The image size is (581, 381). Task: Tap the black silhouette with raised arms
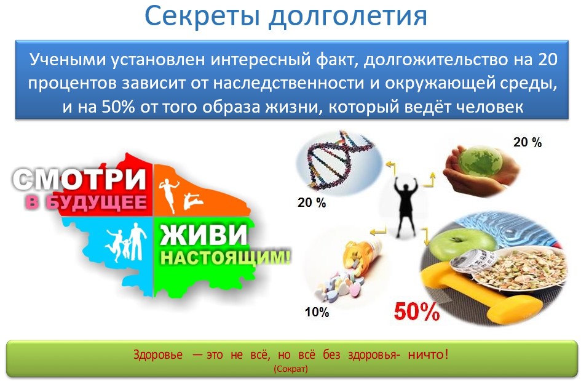pos(405,206)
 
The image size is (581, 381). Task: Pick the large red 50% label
pos(416,311)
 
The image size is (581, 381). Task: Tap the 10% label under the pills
pos(317,312)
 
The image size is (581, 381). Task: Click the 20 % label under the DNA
pos(312,203)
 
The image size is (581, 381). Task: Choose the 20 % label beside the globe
pos(528,142)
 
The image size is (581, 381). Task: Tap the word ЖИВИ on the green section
pos(203,234)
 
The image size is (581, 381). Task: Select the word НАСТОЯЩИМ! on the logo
pos(225,258)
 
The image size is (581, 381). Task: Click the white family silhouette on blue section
pos(127,243)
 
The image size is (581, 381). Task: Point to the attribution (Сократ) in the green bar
pos(291,369)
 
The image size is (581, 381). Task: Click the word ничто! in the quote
pos(428,355)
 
